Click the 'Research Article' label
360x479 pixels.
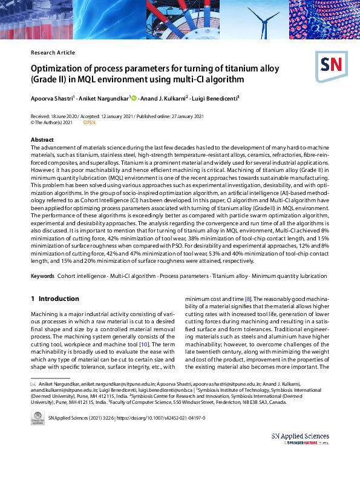(53, 53)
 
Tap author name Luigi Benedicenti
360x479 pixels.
(216, 97)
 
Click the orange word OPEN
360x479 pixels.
(89, 122)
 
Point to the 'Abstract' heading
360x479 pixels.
(42, 140)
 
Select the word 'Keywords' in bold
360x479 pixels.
(42, 276)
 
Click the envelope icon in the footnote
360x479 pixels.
(33, 384)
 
